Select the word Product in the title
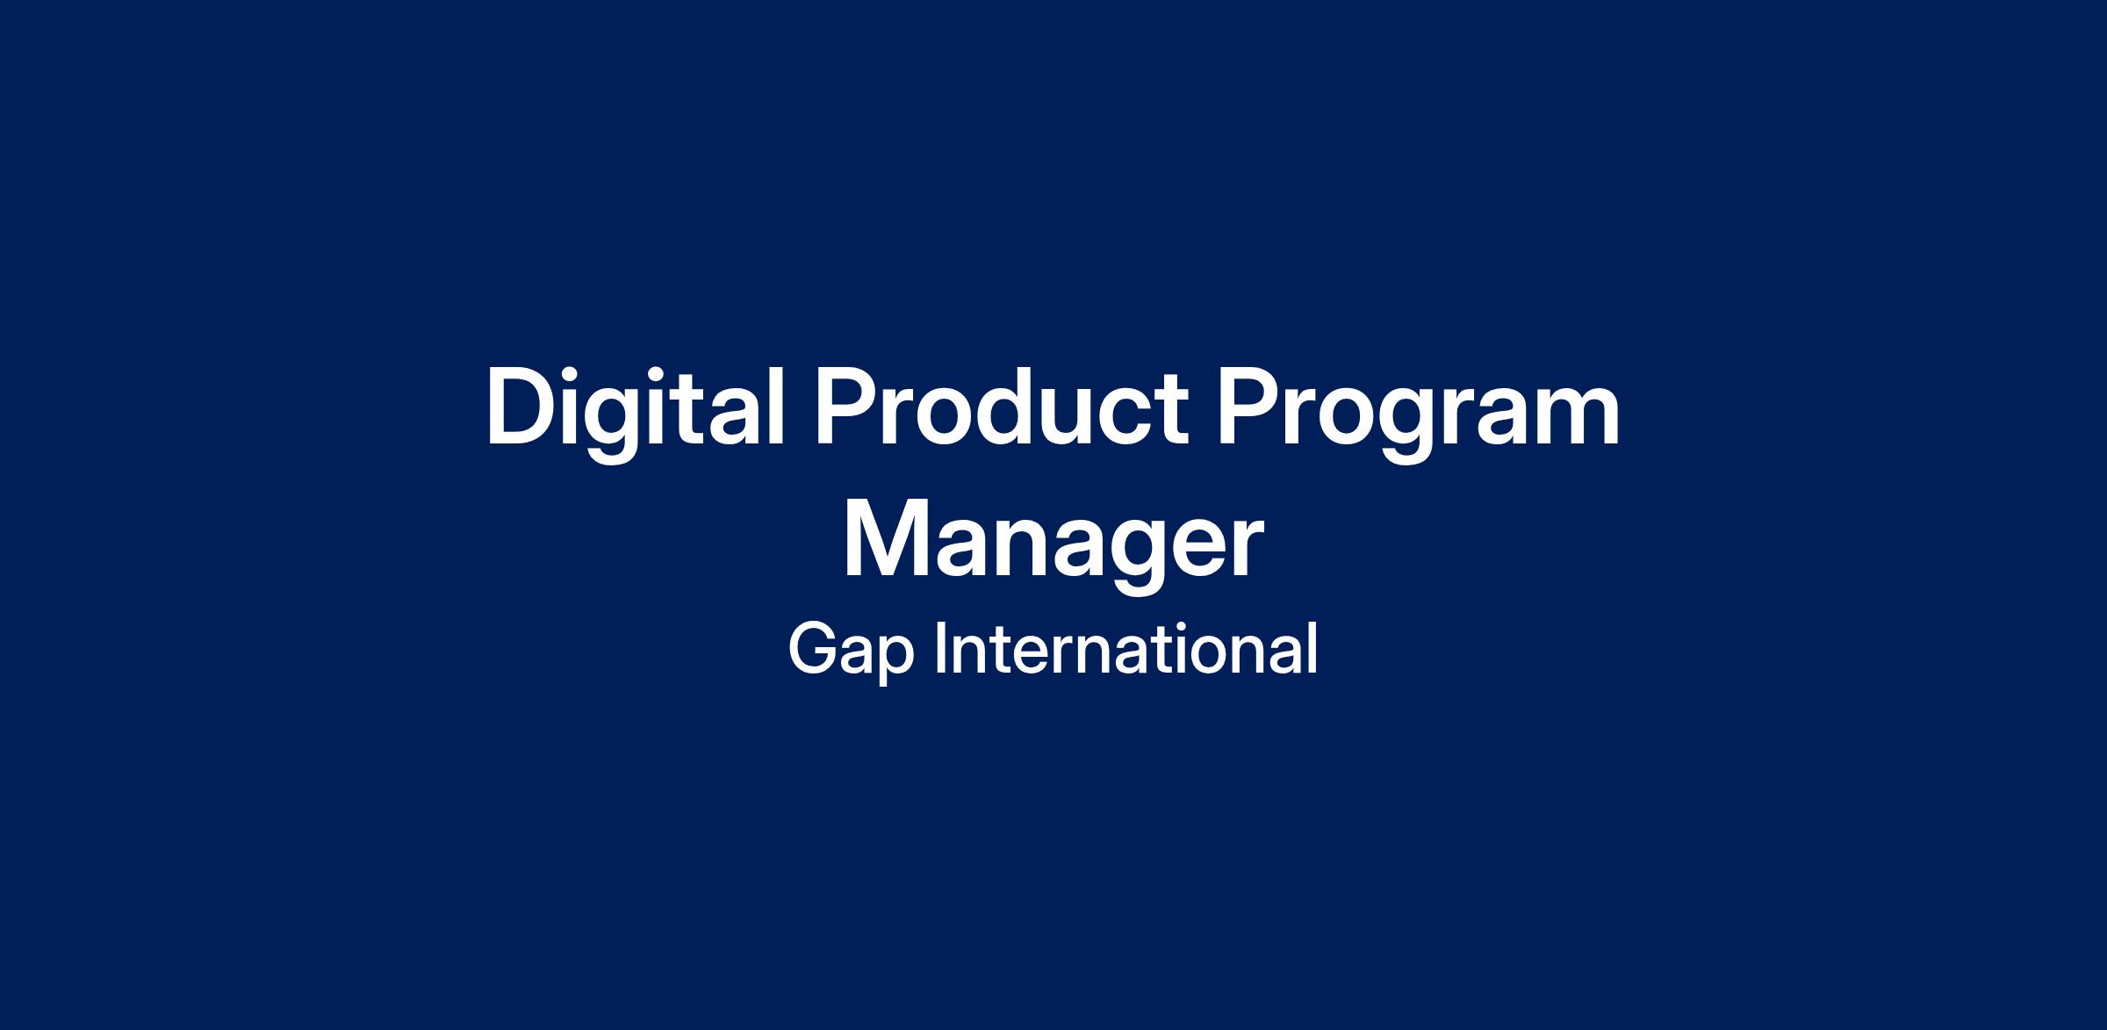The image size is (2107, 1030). pyautogui.click(x=1001, y=408)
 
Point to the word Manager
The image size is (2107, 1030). pyautogui.click(x=1053, y=544)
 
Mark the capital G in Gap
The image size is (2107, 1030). pyautogui.click(x=816, y=648)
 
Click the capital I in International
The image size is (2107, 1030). pyautogui.click(x=941, y=648)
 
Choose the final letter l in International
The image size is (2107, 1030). pyautogui.click(x=1313, y=647)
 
